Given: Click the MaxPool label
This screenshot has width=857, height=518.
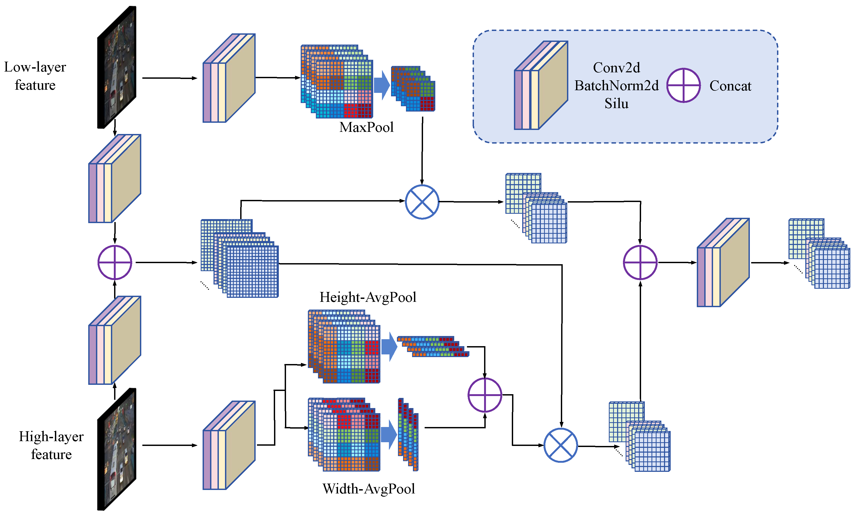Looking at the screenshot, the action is (x=366, y=127).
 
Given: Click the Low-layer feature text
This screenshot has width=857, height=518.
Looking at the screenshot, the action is (x=35, y=76).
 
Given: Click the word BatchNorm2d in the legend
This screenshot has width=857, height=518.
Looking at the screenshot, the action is (x=616, y=86).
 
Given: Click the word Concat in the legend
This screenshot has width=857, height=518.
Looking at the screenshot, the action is (x=730, y=86).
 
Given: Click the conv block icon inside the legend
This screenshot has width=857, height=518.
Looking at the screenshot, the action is (x=541, y=85).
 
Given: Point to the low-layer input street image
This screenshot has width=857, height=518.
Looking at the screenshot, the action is (x=116, y=67).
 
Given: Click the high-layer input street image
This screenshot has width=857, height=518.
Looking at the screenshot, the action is (x=116, y=449).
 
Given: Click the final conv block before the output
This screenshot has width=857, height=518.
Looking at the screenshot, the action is (x=723, y=263).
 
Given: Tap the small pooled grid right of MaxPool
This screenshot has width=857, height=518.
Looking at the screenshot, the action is (x=413, y=89).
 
